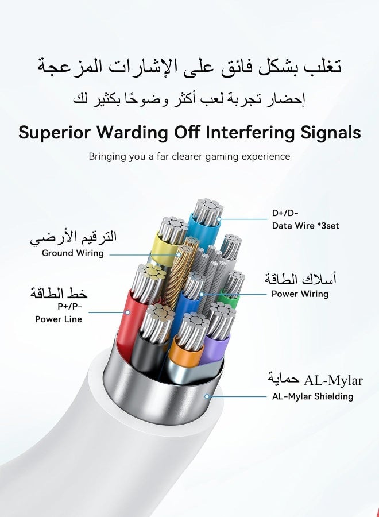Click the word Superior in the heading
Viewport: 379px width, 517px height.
pyautogui.click(x=55, y=133)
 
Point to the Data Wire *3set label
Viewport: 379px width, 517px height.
pyautogui.click(x=305, y=226)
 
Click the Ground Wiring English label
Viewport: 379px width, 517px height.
pyautogui.click(x=73, y=253)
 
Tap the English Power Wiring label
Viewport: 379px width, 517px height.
pyautogui.click(x=300, y=294)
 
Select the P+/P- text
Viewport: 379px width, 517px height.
pyautogui.click(x=69, y=306)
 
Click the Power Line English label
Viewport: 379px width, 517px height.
pyautogui.click(x=59, y=319)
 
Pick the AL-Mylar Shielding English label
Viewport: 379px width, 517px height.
pyautogui.click(x=312, y=396)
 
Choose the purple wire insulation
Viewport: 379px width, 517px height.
pyautogui.click(x=215, y=347)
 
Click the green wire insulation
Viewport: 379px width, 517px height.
pyautogui.click(x=230, y=298)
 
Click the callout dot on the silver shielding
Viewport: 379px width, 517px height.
pyautogui.click(x=207, y=396)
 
